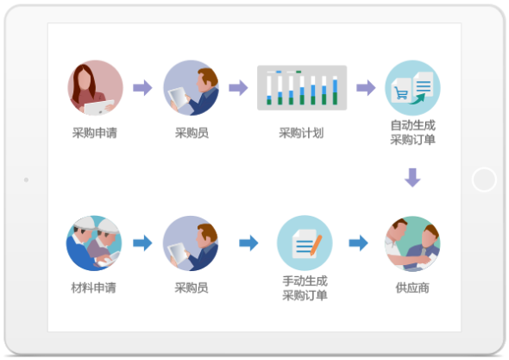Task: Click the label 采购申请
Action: coord(94,133)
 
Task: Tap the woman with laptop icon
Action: coord(96,88)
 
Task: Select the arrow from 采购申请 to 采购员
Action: coord(142,88)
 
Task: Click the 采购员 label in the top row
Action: coord(192,133)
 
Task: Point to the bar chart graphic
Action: coord(302,88)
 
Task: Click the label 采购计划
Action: coord(301,133)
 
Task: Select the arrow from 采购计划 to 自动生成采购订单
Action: coord(366,88)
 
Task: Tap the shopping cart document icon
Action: coord(412,88)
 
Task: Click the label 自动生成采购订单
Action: coord(412,132)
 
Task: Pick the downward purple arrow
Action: coord(412,177)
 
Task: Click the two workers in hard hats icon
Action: coord(94,243)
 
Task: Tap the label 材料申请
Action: coord(93,287)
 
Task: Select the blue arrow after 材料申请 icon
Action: coord(142,243)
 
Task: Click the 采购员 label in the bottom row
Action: coord(192,287)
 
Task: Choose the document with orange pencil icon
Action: coord(305,243)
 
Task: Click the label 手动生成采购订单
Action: coord(305,287)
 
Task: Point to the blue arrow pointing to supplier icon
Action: coord(358,243)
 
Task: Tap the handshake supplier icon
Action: coord(412,243)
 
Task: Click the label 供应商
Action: coord(412,287)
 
